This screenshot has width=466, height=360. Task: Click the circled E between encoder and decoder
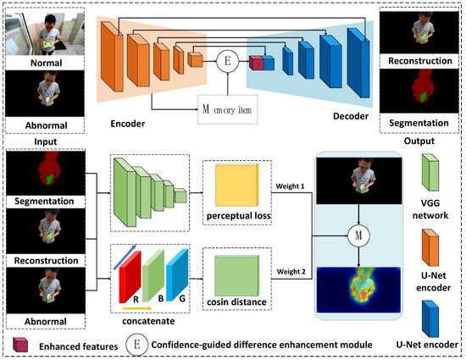[226, 60]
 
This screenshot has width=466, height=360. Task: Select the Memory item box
[225, 108]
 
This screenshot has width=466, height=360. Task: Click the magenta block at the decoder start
[256, 63]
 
